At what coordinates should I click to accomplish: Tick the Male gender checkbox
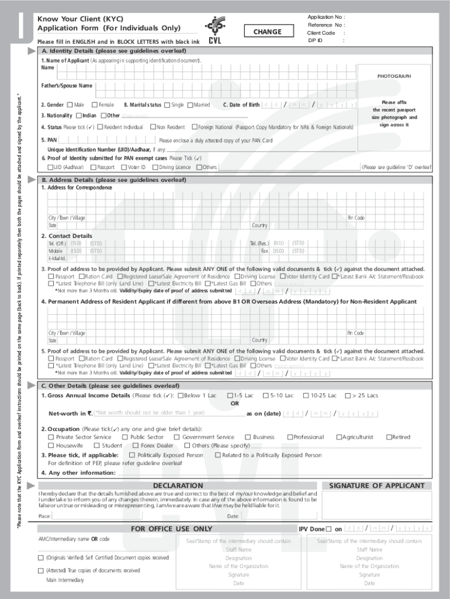coord(70,105)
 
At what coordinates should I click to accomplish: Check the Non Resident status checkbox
coord(152,127)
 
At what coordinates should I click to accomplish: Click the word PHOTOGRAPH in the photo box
coord(394,76)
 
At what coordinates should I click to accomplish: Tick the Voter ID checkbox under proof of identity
coord(123,167)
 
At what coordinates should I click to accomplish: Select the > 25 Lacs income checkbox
coord(348,395)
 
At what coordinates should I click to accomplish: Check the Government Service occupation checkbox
coord(177,437)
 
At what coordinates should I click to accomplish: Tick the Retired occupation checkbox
coord(388,437)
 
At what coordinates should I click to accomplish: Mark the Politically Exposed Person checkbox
coord(132,455)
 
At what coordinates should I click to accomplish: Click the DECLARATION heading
coord(178,486)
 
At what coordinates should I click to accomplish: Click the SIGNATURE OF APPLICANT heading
coord(377,486)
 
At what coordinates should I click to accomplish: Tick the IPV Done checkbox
coord(328,529)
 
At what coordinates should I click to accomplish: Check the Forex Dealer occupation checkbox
coord(136,446)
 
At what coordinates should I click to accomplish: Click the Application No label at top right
coord(326,18)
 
